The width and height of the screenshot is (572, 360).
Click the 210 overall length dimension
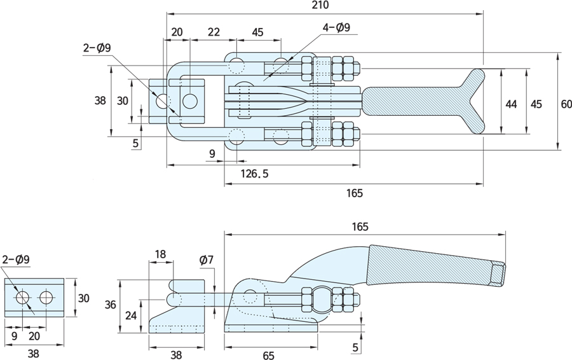tap(321, 6)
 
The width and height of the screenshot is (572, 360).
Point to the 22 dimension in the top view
tap(214, 32)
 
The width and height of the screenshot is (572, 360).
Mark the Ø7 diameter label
tap(206, 260)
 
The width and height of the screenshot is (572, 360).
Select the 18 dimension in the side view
tap(160, 254)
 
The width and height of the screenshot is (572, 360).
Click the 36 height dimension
tap(111, 305)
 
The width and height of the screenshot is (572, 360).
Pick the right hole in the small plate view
tap(46, 297)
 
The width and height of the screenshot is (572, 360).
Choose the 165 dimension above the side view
tap(359, 226)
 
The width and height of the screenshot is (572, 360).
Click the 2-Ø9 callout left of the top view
tap(97, 47)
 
